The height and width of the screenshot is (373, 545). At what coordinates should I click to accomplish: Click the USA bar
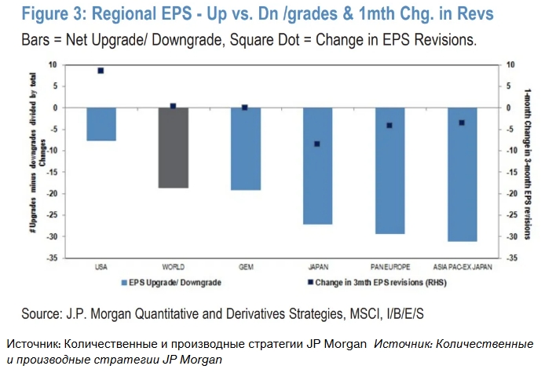tap(101, 124)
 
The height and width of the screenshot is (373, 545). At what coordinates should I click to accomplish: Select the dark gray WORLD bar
tap(173, 148)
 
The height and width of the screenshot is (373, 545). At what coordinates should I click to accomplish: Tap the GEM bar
tap(245, 149)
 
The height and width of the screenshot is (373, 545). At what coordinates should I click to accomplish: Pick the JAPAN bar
tap(317, 166)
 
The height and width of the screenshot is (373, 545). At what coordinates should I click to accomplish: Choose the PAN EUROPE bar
tap(390, 170)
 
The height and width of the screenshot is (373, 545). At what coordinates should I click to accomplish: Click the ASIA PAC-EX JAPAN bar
tap(462, 174)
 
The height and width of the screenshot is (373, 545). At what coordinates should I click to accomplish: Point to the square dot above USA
tap(101, 71)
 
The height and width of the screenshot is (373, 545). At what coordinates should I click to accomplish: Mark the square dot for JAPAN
tap(317, 144)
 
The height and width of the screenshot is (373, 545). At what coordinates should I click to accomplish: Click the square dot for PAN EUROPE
tap(390, 126)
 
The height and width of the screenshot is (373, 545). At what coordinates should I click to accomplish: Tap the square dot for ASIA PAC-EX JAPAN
tap(462, 123)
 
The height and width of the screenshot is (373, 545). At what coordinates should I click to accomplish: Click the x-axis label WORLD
tap(173, 267)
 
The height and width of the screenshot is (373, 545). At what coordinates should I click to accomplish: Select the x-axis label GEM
tap(245, 267)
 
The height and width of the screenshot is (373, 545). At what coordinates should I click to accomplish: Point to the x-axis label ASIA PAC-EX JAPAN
tap(462, 267)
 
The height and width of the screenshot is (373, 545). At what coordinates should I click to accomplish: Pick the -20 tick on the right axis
tap(512, 193)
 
